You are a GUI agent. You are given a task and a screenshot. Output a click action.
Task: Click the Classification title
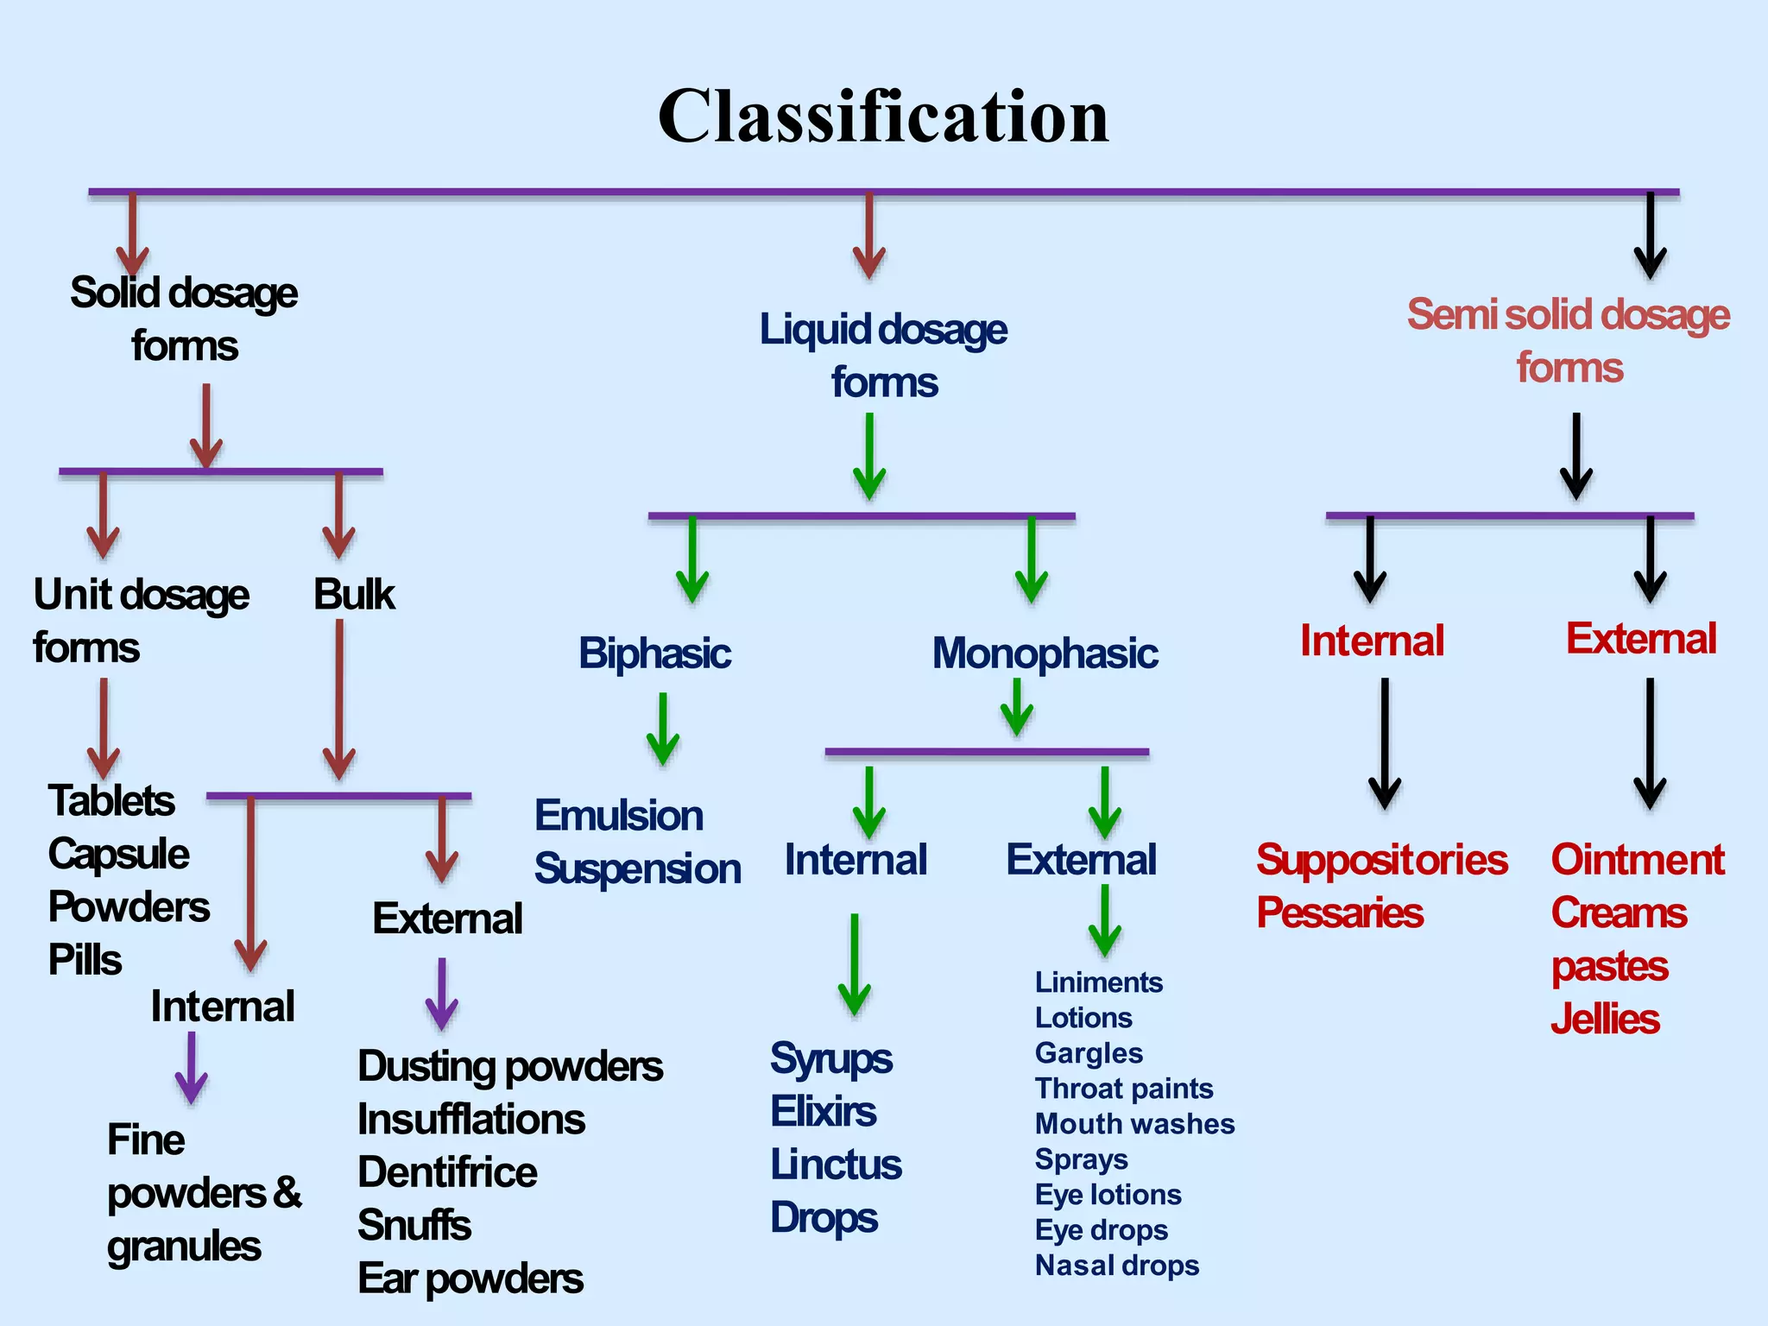tap(883, 117)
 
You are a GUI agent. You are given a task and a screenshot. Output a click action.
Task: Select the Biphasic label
tap(654, 654)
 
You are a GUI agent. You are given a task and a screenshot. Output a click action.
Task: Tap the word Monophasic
tap(1045, 654)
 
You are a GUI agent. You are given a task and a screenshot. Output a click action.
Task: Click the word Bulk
tap(354, 595)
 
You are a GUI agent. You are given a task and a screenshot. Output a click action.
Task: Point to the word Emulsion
tap(618, 816)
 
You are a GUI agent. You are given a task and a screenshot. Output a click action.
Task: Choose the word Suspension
tap(637, 868)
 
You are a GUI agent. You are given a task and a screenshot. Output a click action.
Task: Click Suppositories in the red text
tap(1381, 860)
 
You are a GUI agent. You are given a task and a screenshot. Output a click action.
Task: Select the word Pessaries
tap(1339, 912)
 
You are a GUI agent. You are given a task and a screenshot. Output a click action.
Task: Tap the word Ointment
tap(1637, 860)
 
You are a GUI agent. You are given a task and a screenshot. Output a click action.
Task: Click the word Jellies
tap(1605, 1020)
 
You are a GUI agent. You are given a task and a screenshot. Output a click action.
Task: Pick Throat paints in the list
tap(1124, 1089)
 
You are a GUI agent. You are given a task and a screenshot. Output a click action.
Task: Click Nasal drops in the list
tap(1117, 1266)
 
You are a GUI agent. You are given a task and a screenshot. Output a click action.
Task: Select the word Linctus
tap(836, 1165)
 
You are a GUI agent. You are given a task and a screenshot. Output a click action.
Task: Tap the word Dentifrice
tap(447, 1172)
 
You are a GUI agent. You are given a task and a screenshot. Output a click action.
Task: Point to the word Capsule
tap(118, 854)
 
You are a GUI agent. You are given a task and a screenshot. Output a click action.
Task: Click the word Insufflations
tap(471, 1120)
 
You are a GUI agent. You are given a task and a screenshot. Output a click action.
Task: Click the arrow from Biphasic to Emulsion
tap(663, 729)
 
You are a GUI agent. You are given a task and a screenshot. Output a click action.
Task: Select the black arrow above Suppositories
tap(1385, 742)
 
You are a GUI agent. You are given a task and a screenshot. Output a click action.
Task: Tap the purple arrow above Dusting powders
tap(442, 994)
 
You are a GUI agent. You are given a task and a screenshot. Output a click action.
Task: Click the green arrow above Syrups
tap(854, 964)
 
